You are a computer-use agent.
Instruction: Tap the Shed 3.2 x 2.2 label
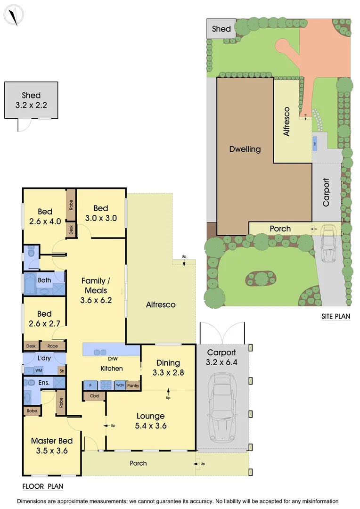pyautogui.click(x=31, y=100)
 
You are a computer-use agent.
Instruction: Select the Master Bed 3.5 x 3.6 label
pyautogui.click(x=52, y=446)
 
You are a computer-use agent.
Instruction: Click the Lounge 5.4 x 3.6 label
pyautogui.click(x=151, y=421)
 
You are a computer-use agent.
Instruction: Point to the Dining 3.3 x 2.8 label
pyautogui.click(x=168, y=367)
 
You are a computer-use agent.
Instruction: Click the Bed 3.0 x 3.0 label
pyautogui.click(x=101, y=213)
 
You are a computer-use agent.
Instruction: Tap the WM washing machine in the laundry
pyautogui.click(x=39, y=371)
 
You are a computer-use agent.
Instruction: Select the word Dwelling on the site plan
pyautogui.click(x=245, y=149)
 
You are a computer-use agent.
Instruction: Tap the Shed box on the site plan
pyautogui.click(x=221, y=29)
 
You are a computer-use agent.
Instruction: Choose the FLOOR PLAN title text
pyautogui.click(x=43, y=486)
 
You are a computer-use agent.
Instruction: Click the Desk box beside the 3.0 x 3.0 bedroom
pyautogui.click(x=71, y=230)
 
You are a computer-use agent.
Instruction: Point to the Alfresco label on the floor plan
pyautogui.click(x=160, y=305)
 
